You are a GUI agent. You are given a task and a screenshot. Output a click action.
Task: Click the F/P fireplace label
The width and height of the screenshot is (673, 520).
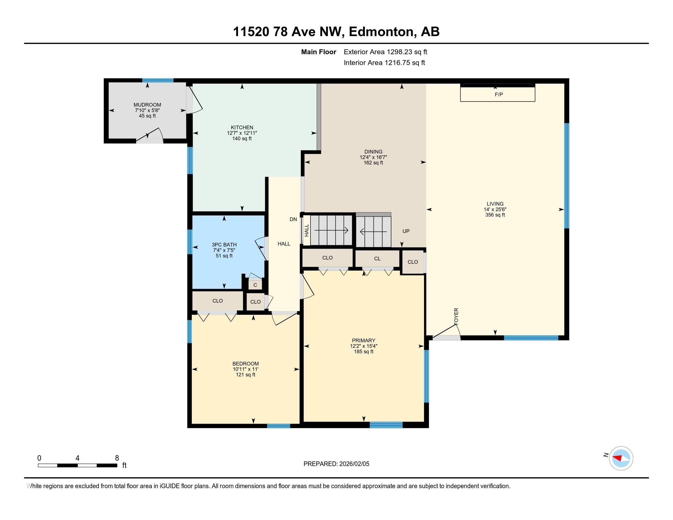tap(499, 95)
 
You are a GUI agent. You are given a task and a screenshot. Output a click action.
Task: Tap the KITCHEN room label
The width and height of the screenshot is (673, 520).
tap(242, 128)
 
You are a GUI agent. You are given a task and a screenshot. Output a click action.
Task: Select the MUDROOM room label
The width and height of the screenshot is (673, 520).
tap(147, 105)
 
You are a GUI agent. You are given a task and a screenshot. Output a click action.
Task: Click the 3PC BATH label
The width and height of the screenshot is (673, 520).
tap(224, 245)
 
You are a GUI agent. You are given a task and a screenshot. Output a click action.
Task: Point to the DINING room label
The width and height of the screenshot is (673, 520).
tap(373, 151)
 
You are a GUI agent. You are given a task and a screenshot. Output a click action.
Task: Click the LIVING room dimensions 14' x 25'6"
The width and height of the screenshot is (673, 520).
tap(495, 210)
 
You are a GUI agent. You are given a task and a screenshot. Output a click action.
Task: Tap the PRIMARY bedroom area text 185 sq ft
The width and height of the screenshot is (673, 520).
tap(364, 351)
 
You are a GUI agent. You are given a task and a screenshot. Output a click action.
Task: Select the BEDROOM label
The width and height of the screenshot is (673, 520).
tap(246, 363)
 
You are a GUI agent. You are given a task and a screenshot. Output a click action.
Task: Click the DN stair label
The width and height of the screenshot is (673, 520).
tap(293, 219)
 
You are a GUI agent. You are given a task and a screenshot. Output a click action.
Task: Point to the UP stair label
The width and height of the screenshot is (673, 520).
tap(406, 231)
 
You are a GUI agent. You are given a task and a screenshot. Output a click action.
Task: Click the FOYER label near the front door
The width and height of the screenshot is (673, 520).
tap(456, 316)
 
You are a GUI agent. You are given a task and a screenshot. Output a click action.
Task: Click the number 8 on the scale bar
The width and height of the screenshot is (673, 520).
tap(117, 458)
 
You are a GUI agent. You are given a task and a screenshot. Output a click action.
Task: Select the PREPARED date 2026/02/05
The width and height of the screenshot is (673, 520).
tap(353, 464)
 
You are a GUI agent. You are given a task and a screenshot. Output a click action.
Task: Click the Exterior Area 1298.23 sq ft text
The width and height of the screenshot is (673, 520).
tap(385, 52)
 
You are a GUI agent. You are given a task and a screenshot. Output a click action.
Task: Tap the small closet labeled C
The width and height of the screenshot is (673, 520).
tap(255, 285)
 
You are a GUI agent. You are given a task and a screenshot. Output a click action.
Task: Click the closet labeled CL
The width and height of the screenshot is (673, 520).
tap(377, 259)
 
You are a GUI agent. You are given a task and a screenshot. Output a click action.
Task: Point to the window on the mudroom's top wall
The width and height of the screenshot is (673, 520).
tap(158, 80)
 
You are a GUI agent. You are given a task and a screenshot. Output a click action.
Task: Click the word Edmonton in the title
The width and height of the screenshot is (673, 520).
tap(381, 32)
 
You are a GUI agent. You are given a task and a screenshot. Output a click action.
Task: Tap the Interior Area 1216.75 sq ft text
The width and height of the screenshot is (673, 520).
tap(384, 63)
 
